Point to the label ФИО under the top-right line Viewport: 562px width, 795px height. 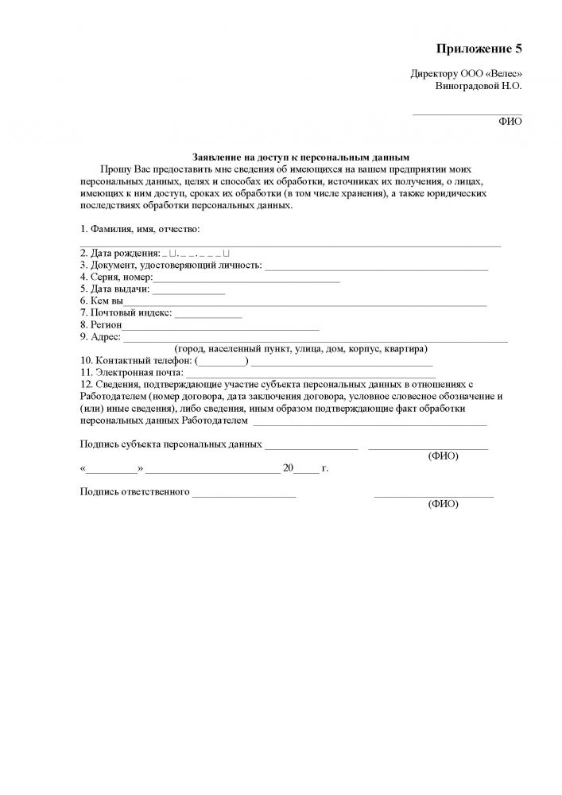(510, 122)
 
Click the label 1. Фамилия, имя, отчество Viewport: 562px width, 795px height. (140, 229)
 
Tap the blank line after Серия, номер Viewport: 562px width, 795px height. (246, 279)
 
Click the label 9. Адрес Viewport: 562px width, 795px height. (100, 337)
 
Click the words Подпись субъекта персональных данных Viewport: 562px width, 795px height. (171, 444)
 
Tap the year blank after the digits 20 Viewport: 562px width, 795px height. (306, 469)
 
